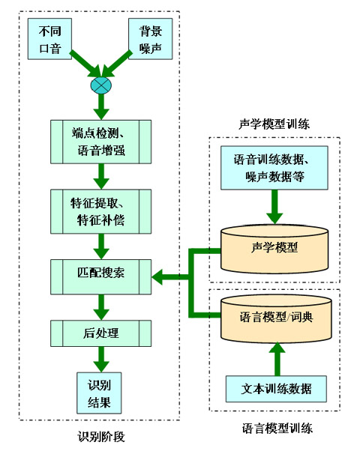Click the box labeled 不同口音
point(50,38)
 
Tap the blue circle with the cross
point(100,85)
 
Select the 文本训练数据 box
point(277,389)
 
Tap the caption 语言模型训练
point(277,429)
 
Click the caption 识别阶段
point(100,436)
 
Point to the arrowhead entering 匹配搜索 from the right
point(159,278)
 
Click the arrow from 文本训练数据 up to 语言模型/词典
point(277,357)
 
